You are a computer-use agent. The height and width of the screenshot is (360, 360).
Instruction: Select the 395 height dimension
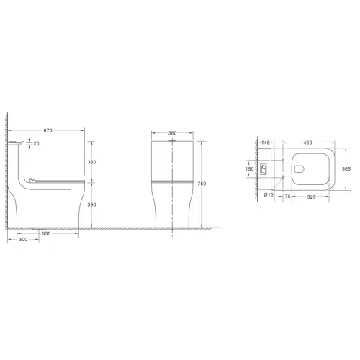(91, 204)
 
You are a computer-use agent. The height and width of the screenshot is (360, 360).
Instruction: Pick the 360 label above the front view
(173, 133)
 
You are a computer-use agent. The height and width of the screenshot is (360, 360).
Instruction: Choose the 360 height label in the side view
(91, 163)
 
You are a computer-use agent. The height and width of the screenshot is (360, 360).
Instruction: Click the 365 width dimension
(346, 169)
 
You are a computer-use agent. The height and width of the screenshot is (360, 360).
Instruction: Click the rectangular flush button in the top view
(264, 171)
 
